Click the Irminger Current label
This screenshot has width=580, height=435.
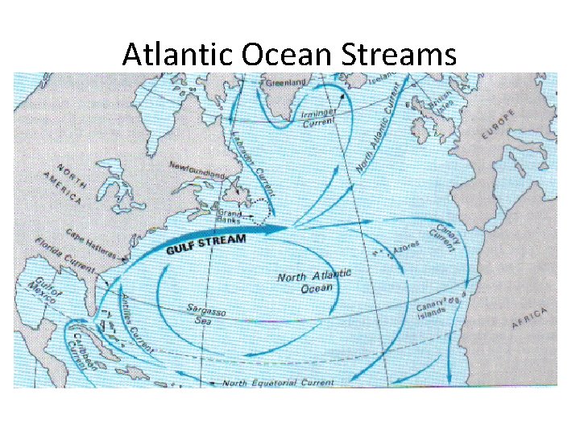320,122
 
